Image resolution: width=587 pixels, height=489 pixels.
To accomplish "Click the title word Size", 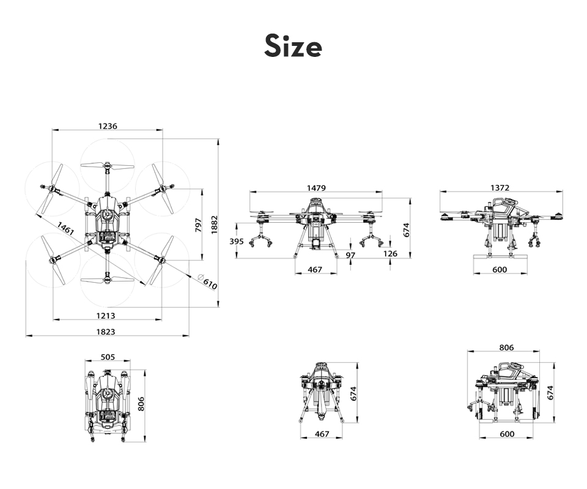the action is pyautogui.click(x=293, y=46).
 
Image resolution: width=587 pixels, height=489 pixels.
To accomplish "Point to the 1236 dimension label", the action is pyautogui.click(x=108, y=126).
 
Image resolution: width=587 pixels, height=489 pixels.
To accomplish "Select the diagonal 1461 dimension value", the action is pyautogui.click(x=65, y=228).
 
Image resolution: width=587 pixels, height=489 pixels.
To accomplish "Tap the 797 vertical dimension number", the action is pyautogui.click(x=198, y=225).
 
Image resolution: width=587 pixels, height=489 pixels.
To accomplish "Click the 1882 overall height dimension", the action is pyautogui.click(x=214, y=225).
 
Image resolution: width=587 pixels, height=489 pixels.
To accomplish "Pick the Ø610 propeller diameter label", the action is pyautogui.click(x=207, y=282).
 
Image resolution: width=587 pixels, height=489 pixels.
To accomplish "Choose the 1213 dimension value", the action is pyautogui.click(x=106, y=316).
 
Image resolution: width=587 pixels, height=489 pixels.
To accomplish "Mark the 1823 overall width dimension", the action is pyautogui.click(x=106, y=332).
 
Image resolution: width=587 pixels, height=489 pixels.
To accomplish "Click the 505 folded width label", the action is pyautogui.click(x=108, y=357).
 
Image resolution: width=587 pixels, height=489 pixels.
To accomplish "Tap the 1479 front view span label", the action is pyautogui.click(x=316, y=188).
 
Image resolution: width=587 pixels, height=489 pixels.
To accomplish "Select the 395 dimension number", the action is pyautogui.click(x=237, y=241).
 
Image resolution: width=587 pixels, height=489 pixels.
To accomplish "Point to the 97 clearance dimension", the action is pyautogui.click(x=350, y=255).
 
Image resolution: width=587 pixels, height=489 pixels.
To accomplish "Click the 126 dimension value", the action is pyautogui.click(x=390, y=254).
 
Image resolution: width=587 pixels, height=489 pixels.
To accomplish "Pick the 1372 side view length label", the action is pyautogui.click(x=500, y=188).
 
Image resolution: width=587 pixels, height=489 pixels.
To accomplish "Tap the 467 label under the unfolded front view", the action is pyautogui.click(x=315, y=269).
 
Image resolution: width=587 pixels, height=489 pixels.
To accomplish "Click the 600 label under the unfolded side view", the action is pyautogui.click(x=500, y=269).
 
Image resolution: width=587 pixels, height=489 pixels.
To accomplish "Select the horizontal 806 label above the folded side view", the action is pyautogui.click(x=506, y=348).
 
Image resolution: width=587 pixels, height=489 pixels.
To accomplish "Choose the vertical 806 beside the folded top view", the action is pyautogui.click(x=141, y=404).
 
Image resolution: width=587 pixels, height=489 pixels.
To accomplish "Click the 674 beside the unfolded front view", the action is pyautogui.click(x=407, y=230).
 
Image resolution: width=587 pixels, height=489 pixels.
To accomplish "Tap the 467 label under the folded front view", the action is pyautogui.click(x=322, y=434).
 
